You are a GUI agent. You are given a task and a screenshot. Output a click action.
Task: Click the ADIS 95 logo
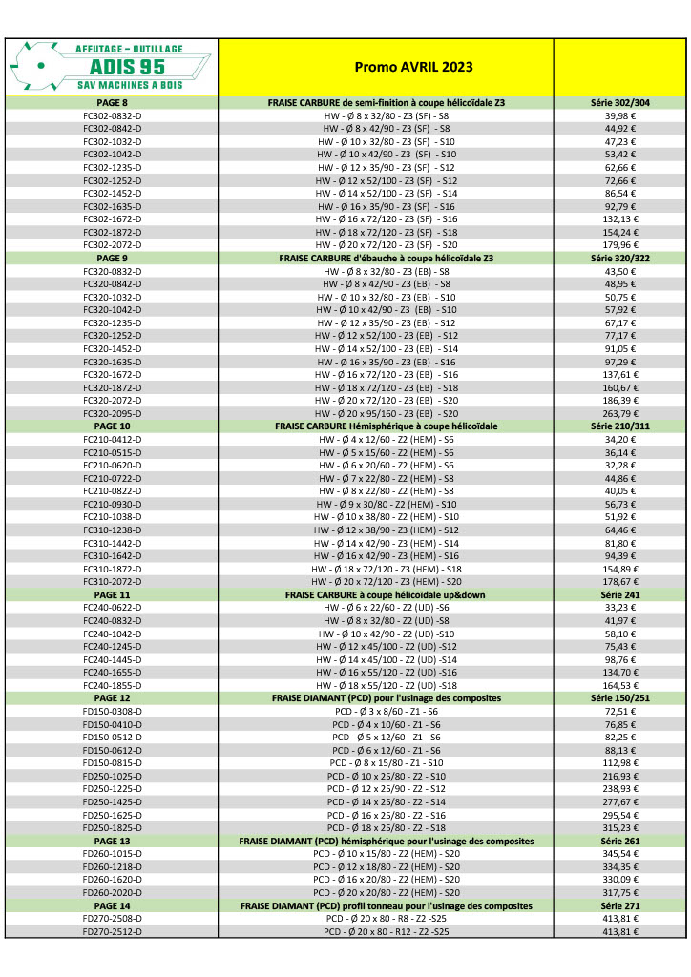pos(112,66)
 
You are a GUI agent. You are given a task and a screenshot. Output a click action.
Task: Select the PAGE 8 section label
pos(112,102)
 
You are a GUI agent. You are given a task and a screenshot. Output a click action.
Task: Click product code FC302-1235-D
pos(112,167)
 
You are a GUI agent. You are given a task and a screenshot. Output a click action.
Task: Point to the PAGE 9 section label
pos(112,258)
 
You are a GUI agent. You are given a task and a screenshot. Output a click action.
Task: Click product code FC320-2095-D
pos(112,413)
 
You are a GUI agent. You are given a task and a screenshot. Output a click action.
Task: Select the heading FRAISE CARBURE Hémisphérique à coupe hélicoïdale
pos(387,426)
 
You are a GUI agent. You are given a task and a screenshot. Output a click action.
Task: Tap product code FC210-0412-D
pos(112,439)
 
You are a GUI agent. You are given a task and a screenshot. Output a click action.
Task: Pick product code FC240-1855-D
pos(112,685)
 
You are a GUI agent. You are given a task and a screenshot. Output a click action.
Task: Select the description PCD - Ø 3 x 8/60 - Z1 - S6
pos(387,711)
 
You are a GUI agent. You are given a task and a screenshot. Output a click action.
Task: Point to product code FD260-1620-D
pos(112,879)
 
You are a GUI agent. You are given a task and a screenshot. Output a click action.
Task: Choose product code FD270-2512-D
pos(112,931)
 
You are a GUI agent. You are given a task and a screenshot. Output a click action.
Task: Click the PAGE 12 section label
pos(112,697)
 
